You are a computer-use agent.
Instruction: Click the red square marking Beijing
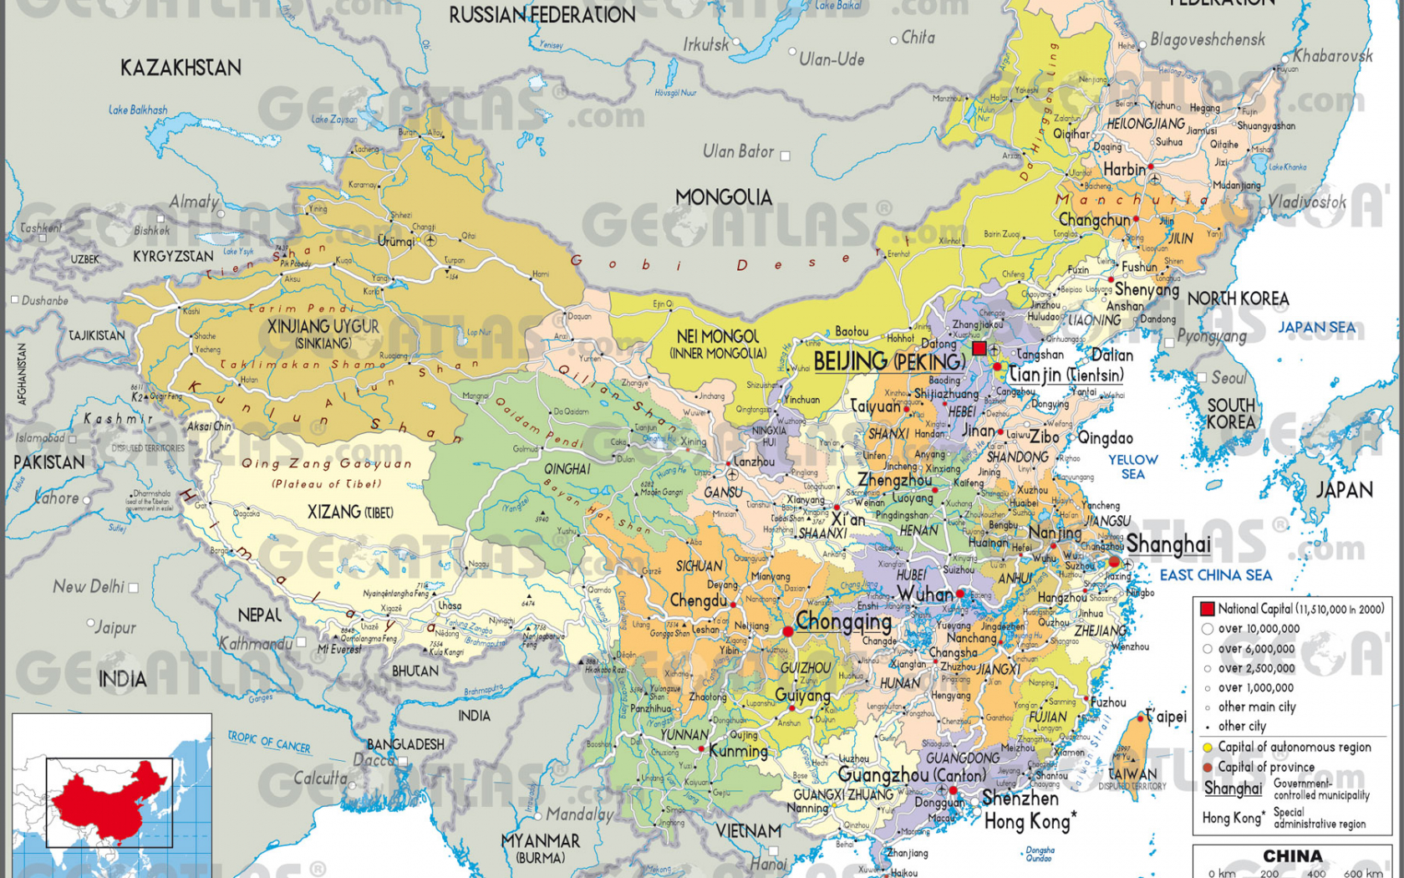tap(979, 348)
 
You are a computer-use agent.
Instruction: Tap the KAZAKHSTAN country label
tap(181, 68)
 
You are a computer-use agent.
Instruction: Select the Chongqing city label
tap(843, 622)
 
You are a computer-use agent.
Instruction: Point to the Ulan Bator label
tap(738, 151)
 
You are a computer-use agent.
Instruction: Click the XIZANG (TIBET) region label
tap(349, 512)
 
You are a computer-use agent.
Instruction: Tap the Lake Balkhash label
tap(138, 110)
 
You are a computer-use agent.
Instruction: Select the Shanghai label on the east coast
tap(1167, 544)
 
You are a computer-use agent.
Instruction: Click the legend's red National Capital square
tap(1207, 609)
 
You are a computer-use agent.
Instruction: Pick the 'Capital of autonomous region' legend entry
tap(1293, 747)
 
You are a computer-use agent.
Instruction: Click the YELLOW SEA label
tap(1132, 467)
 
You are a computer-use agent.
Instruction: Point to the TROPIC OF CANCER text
tap(268, 742)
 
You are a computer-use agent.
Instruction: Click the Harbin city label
tap(1124, 170)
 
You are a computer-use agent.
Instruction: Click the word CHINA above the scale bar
tap(1292, 855)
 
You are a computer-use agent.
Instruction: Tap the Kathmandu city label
tap(256, 644)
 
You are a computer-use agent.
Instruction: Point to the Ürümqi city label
tap(395, 242)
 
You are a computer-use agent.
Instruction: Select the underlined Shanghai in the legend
tap(1233, 789)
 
